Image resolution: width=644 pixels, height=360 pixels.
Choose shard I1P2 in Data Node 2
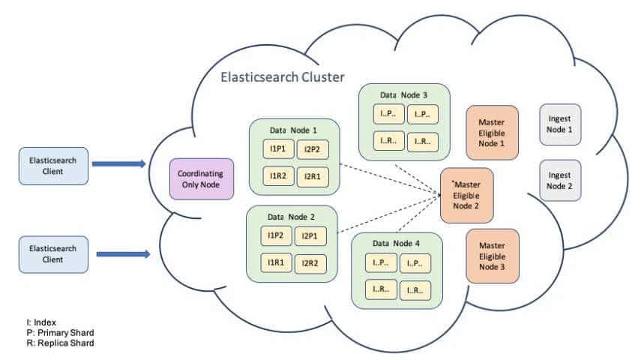pyautogui.click(x=274, y=235)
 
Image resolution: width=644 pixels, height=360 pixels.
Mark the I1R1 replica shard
pyautogui.click(x=274, y=262)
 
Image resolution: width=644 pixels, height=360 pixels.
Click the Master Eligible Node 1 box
pyautogui.click(x=492, y=133)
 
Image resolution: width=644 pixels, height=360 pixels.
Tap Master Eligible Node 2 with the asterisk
pyautogui.click(x=466, y=195)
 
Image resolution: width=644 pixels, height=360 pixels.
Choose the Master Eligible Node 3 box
pyautogui.click(x=492, y=256)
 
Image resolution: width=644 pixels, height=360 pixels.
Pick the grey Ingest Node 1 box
pyautogui.click(x=559, y=124)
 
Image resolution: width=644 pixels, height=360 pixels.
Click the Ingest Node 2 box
pyautogui.click(x=559, y=180)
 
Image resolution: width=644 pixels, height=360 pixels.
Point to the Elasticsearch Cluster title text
pyautogui.click(x=282, y=77)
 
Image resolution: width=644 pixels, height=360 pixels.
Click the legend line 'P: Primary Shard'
pyautogui.click(x=60, y=332)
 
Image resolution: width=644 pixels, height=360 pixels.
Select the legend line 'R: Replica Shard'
pyautogui.click(x=60, y=343)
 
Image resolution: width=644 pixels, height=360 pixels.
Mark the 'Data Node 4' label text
pyautogui.click(x=396, y=244)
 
